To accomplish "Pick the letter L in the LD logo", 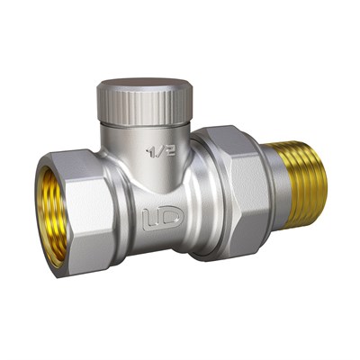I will click(149, 216).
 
